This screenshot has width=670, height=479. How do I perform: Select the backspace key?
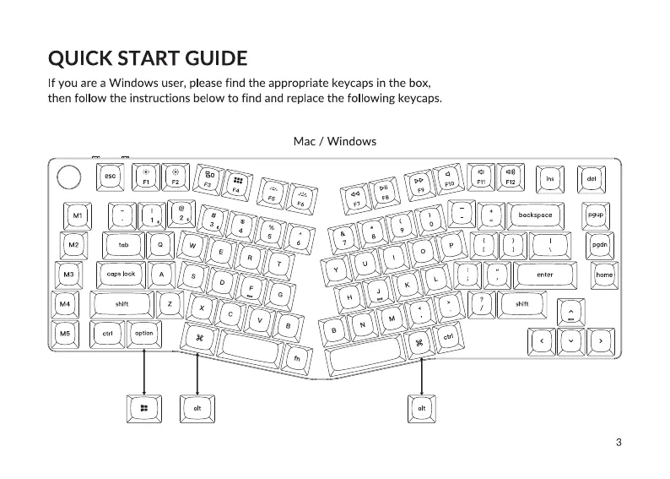click(x=535, y=215)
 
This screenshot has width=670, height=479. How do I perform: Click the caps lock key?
click(x=121, y=275)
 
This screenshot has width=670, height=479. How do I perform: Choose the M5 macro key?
click(x=63, y=334)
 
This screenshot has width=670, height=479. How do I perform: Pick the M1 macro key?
click(x=78, y=215)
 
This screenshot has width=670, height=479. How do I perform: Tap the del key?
click(x=592, y=178)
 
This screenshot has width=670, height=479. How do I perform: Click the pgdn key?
click(x=599, y=245)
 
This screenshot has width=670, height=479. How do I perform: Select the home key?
click(x=604, y=275)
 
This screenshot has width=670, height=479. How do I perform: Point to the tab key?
click(x=123, y=245)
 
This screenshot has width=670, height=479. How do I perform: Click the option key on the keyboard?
click(x=144, y=334)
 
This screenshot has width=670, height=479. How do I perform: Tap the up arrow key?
click(x=571, y=313)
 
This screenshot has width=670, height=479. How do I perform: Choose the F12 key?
click(x=510, y=177)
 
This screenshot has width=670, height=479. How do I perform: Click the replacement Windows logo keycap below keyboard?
click(x=144, y=409)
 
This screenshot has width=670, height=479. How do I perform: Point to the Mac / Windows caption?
click(x=334, y=140)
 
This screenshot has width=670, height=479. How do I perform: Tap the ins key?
click(x=550, y=178)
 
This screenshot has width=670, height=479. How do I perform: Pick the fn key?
click(x=297, y=357)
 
